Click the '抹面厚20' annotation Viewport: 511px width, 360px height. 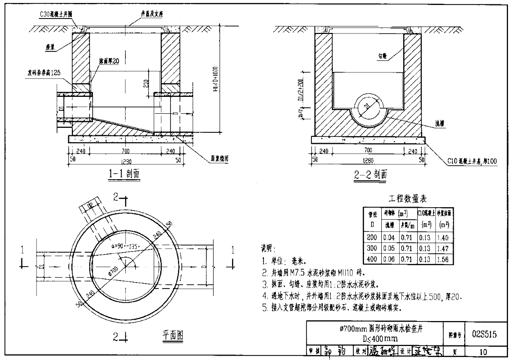click(109, 61)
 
